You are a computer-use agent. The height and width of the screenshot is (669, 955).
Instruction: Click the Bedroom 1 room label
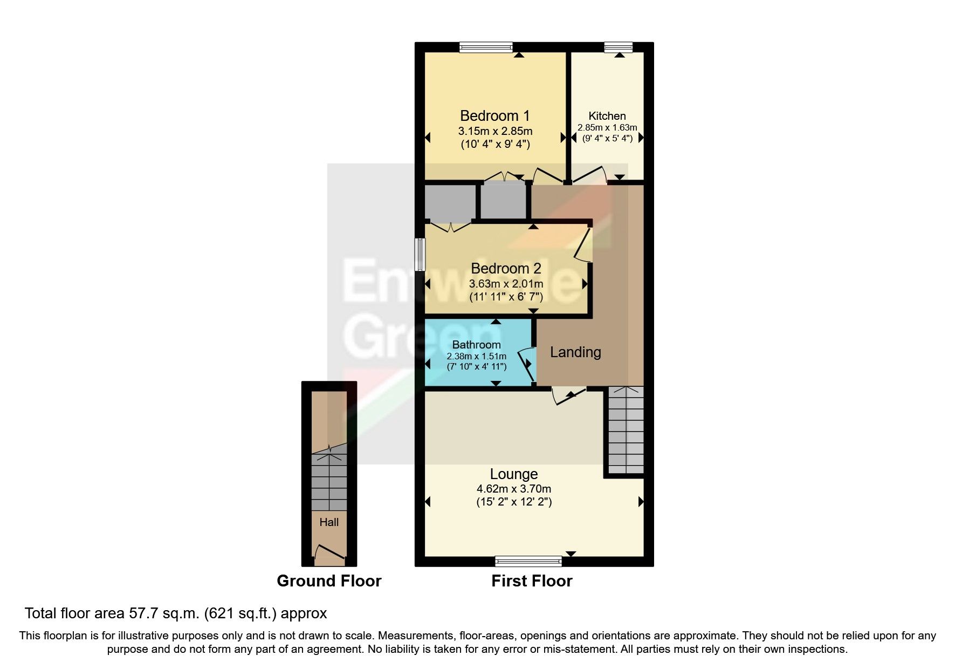tap(494, 116)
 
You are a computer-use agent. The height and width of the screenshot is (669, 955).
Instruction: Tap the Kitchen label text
tap(607, 116)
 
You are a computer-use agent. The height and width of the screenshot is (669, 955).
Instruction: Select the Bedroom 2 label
tap(505, 269)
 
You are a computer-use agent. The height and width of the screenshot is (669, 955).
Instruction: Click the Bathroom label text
tap(476, 345)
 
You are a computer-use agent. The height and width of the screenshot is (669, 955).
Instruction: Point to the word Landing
tap(575, 352)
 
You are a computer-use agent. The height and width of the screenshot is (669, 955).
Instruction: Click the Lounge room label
tap(513, 474)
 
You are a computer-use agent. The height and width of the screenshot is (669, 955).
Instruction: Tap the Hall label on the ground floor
tap(329, 522)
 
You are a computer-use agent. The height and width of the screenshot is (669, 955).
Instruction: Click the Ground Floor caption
tap(329, 581)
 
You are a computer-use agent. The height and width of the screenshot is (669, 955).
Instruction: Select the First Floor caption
tap(531, 581)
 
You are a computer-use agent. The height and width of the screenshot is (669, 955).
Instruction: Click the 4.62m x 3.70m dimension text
tap(513, 489)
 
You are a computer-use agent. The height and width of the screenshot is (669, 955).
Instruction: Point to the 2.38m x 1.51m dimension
tap(476, 356)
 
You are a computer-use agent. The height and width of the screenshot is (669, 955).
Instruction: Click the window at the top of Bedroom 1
tap(485, 47)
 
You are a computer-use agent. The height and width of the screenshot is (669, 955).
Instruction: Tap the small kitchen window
tap(618, 47)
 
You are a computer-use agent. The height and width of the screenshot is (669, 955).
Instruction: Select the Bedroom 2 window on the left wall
tap(420, 254)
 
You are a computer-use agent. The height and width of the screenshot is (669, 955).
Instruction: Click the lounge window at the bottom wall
tap(528, 562)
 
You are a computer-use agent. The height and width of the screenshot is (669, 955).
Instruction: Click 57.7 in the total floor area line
tap(141, 613)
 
